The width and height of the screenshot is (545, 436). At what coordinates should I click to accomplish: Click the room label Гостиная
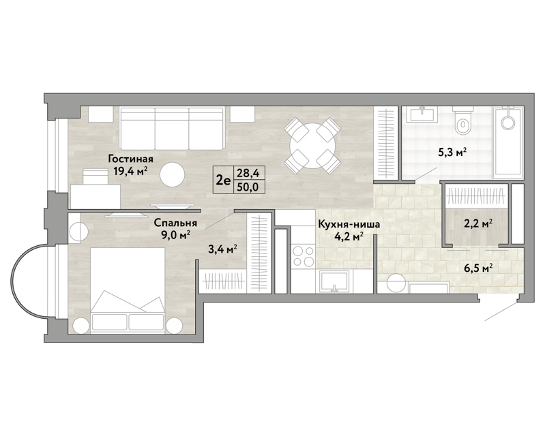131,159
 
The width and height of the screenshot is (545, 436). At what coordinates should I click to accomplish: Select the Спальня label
175,223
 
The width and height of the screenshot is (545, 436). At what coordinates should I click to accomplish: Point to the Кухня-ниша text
349,224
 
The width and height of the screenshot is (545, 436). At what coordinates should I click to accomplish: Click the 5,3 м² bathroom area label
452,153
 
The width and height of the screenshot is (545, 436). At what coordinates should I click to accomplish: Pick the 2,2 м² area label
478,224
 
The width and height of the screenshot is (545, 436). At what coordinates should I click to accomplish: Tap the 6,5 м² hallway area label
478,268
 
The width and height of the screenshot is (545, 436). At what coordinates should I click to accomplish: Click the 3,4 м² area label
223,249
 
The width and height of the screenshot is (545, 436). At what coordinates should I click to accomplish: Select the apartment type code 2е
223,180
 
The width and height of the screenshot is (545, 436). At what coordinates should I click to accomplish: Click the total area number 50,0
248,187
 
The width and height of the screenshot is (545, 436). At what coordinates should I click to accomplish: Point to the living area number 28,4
248,172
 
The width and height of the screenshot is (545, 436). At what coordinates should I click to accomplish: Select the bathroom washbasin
422,114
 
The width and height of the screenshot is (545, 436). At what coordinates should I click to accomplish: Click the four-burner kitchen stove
303,255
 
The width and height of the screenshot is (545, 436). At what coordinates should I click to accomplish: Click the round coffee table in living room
172,174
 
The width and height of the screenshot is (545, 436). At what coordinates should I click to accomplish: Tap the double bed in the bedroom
128,290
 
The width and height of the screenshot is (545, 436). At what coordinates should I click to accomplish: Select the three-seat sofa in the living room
172,129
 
